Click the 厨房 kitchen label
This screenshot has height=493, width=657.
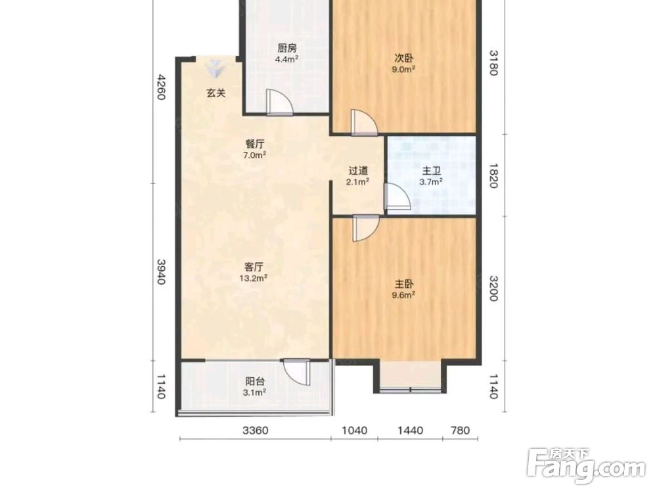287,48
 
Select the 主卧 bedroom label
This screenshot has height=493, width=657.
403,284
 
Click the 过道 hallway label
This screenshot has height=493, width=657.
359,171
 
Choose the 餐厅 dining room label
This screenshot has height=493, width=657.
255,144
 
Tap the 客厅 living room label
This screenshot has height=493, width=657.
254,267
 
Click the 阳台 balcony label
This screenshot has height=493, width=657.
255,381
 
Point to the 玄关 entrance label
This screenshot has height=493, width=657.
215,93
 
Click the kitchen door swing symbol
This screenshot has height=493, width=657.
279,102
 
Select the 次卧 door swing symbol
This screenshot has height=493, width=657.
364,122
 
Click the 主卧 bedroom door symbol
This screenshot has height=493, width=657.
366,228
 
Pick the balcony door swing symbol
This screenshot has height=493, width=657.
297,372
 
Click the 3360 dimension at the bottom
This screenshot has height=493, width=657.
256,431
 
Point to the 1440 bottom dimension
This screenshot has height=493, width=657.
410,431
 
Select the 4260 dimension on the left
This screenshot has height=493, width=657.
161,87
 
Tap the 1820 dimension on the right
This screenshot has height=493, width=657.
493,176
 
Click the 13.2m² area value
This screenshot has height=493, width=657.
254,277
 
